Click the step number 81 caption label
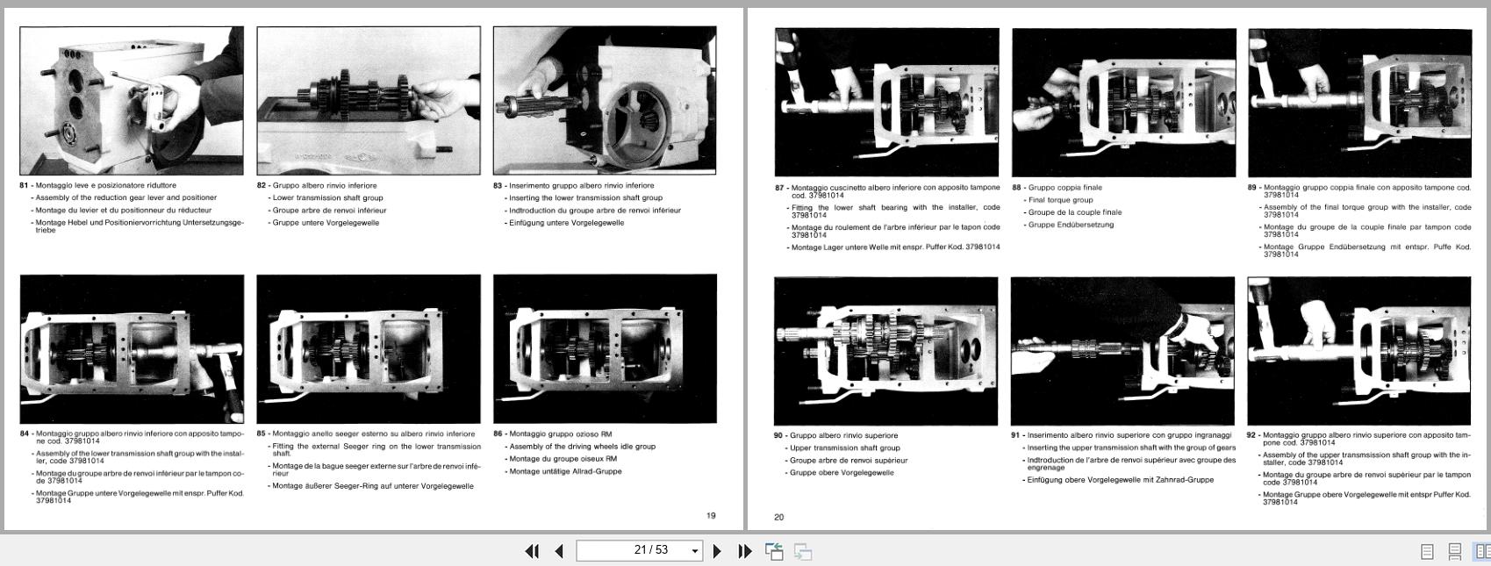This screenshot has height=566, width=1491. coord(24,186)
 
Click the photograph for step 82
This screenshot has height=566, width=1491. coord(369,101)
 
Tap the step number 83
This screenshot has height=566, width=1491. coord(498,186)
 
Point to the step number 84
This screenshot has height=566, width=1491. coord(24,433)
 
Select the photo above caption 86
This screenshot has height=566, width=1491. coord(605,349)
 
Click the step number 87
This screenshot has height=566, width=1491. coord(779,188)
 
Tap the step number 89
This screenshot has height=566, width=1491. coord(1252,188)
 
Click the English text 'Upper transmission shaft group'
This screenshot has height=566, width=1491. coord(845,448)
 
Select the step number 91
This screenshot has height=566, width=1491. coord(1015,435)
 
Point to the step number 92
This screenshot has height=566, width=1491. coord(1251,435)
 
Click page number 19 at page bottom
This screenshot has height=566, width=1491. coord(711,515)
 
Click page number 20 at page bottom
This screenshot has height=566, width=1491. coord(778,518)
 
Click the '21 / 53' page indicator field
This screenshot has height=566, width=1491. coord(639,550)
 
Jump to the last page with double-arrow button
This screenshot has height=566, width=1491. coord(745,551)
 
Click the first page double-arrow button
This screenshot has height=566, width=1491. coord(532,551)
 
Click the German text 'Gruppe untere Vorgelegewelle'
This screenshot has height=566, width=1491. coord(326,223)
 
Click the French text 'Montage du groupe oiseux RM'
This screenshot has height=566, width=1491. coord(563,459)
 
